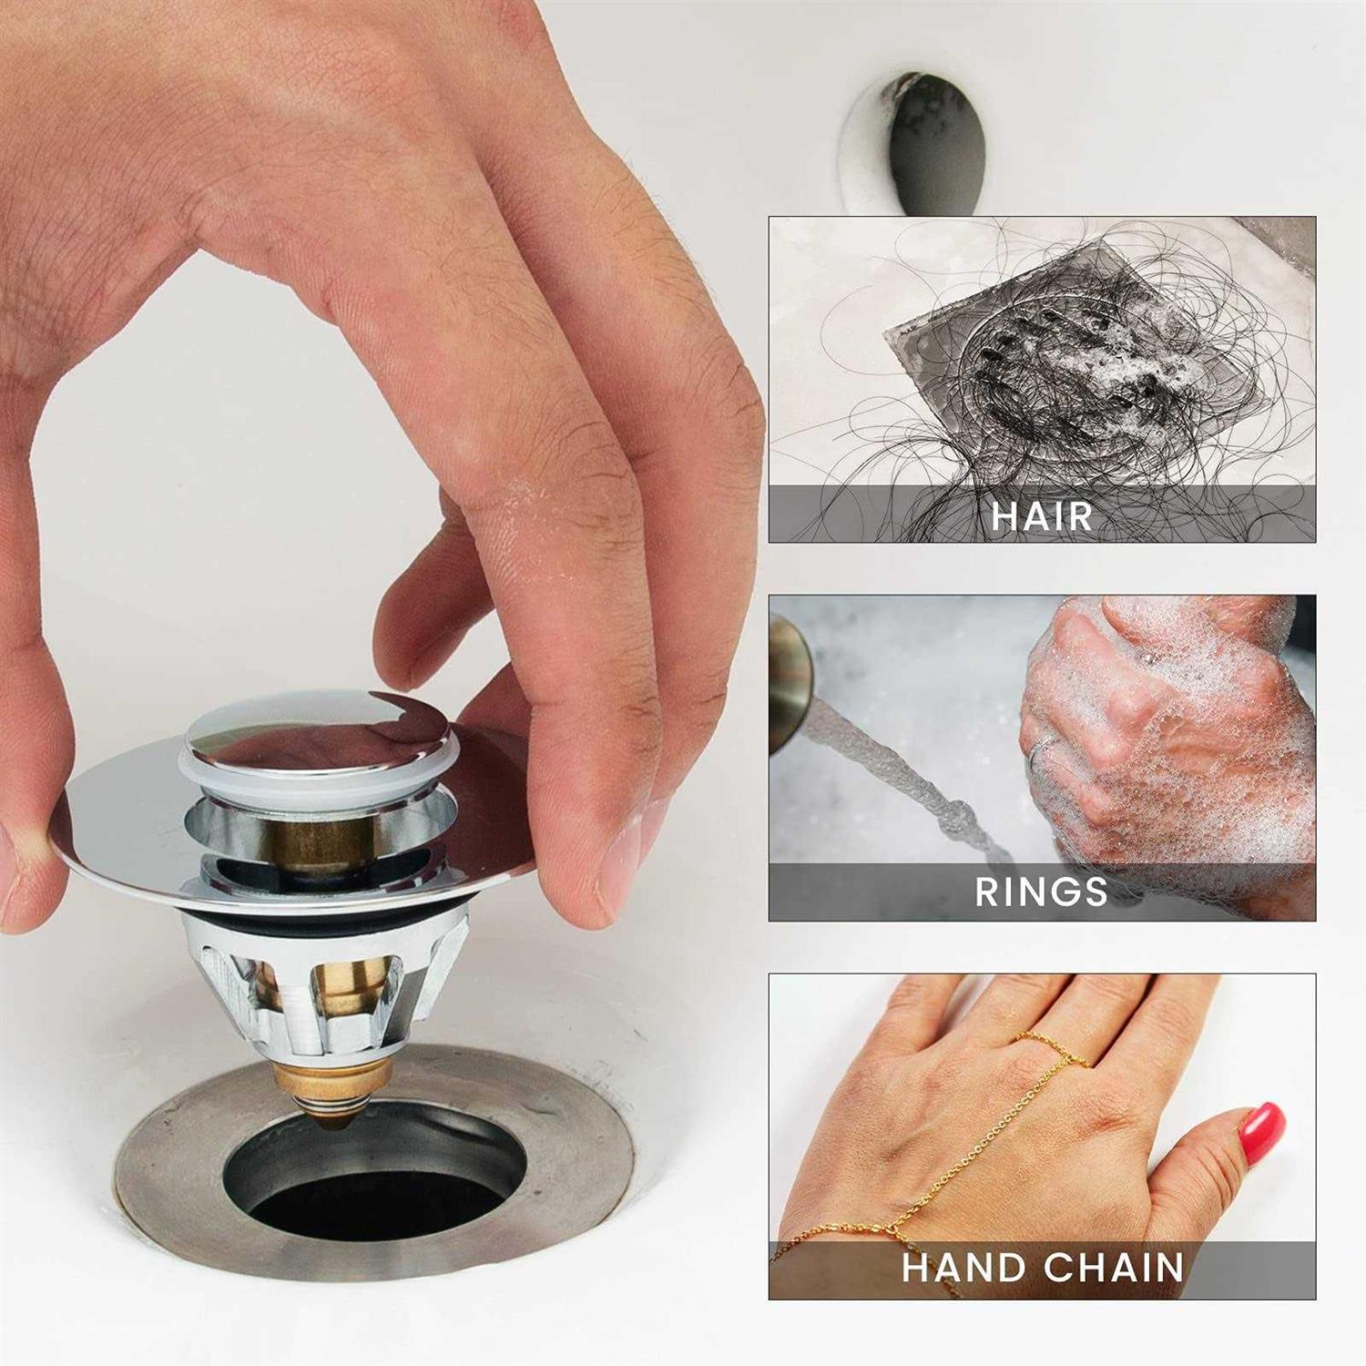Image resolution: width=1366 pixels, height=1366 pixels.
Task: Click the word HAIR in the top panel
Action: point(1041,515)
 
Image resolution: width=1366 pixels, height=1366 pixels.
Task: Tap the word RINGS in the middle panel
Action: point(1041,892)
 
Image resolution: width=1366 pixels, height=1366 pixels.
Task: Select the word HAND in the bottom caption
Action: point(963,1268)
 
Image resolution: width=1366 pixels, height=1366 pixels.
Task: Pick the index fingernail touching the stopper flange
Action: point(628,856)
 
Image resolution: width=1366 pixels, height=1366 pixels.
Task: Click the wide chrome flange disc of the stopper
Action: point(118,820)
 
